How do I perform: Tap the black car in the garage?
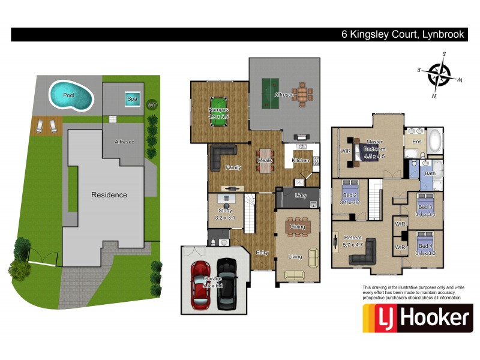pos(227,283)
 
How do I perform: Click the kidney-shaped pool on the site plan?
pos(71,95)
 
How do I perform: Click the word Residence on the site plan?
pos(109,194)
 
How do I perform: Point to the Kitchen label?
pos(300,160)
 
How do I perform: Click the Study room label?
pos(226,211)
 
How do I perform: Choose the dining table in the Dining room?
pos(297,227)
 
